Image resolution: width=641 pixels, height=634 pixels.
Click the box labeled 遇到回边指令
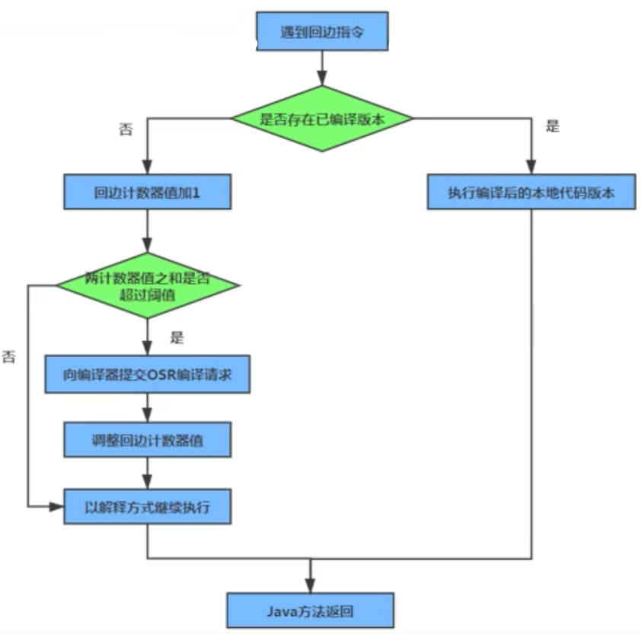click(x=322, y=31)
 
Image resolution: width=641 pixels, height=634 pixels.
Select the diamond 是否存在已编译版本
click(x=322, y=119)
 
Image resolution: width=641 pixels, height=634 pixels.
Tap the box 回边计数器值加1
click(x=147, y=192)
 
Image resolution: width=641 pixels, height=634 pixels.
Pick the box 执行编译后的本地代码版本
click(x=531, y=192)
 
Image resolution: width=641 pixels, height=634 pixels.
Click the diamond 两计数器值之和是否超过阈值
click(x=147, y=285)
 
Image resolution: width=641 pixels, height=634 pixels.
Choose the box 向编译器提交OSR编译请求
click(x=147, y=374)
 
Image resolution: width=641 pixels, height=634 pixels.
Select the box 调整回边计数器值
click(x=147, y=440)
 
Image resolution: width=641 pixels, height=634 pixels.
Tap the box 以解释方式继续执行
click(x=147, y=506)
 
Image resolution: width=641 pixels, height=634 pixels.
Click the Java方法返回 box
click(x=311, y=610)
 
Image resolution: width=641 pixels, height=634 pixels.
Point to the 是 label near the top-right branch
click(x=552, y=126)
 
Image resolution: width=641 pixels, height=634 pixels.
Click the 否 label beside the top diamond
click(x=126, y=129)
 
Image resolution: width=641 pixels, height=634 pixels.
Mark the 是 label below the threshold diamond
click(x=177, y=338)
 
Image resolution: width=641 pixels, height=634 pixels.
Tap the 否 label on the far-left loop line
click(x=9, y=356)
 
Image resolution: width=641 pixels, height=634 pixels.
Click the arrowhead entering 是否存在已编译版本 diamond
click(x=322, y=78)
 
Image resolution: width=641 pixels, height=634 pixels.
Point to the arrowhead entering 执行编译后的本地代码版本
click(x=531, y=167)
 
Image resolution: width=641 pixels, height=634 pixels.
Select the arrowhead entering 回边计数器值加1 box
click(x=147, y=167)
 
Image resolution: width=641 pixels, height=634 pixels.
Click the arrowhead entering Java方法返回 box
click(x=311, y=585)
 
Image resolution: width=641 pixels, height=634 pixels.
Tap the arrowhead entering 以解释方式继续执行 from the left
click(x=56, y=507)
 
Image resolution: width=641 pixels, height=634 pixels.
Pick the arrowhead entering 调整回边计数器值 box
click(x=147, y=415)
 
